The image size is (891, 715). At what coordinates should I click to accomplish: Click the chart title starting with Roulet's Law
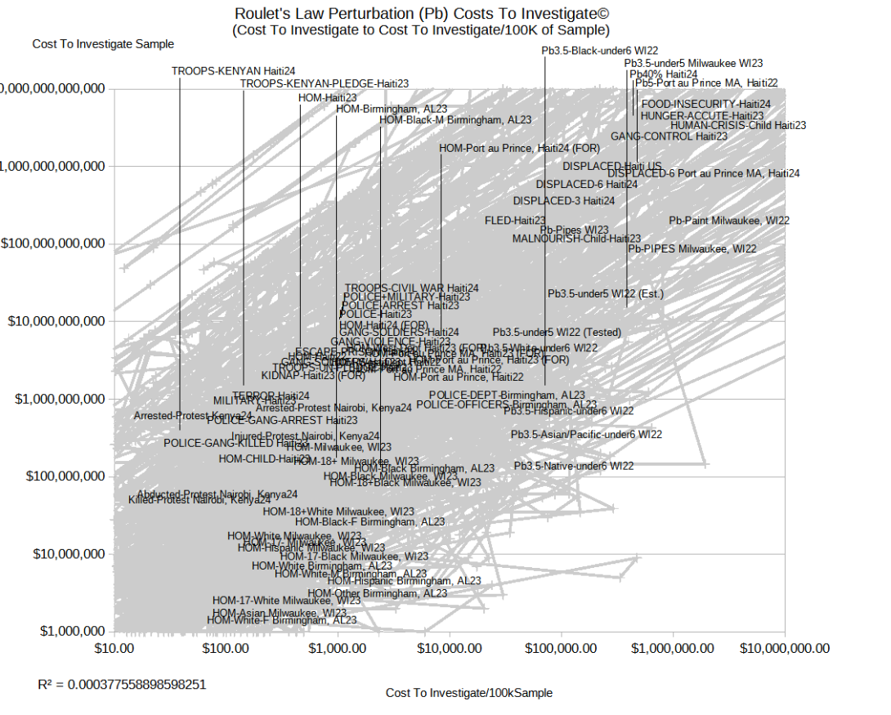click(421, 14)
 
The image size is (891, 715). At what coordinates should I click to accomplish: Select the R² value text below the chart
click(122, 683)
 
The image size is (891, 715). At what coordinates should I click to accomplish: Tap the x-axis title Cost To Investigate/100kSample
click(469, 693)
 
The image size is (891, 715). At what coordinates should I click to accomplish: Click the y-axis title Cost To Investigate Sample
click(103, 44)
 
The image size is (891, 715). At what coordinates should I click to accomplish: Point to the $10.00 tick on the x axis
click(114, 648)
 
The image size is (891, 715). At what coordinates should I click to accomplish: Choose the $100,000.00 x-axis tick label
click(561, 648)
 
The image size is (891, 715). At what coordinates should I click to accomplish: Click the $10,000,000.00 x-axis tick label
click(785, 648)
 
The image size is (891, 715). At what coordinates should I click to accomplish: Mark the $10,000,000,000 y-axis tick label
click(56, 321)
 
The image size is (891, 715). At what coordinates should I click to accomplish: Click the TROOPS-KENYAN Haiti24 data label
click(222, 71)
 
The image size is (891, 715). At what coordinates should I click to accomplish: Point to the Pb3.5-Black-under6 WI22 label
click(600, 51)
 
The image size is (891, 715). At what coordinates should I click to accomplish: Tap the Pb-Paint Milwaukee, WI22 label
click(729, 221)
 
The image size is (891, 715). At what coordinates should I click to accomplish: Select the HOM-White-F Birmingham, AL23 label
click(282, 620)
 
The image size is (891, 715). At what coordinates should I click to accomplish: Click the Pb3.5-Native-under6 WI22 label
click(574, 466)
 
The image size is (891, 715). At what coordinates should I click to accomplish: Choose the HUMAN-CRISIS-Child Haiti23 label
click(738, 126)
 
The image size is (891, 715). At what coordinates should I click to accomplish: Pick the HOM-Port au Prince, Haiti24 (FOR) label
click(519, 149)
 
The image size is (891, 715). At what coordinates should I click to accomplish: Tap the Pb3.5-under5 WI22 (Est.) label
click(606, 293)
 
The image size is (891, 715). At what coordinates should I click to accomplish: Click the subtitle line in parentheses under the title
click(420, 30)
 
